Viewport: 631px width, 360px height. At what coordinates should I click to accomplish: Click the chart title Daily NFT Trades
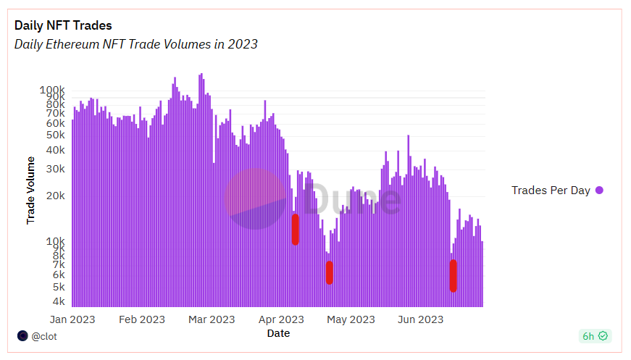point(63,25)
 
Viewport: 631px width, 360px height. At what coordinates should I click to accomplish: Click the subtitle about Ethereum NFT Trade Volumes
point(136,44)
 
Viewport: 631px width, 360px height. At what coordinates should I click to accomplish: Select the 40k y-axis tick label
point(55,151)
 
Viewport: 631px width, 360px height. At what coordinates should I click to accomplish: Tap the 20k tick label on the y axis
point(55,196)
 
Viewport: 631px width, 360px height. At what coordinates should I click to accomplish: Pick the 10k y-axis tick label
point(55,240)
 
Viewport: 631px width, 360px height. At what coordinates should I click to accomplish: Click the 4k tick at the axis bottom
point(58,301)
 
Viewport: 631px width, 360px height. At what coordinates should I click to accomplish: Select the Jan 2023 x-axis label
point(72,319)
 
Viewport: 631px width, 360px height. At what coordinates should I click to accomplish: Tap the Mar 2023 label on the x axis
point(212,319)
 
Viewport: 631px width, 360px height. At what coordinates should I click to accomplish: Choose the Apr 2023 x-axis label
point(281,319)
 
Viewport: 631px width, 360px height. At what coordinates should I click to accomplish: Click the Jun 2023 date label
point(421,319)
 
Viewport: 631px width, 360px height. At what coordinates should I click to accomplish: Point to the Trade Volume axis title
point(30,190)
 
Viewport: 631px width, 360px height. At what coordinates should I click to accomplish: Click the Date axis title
point(278,333)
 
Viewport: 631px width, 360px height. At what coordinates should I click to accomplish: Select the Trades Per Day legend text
point(551,191)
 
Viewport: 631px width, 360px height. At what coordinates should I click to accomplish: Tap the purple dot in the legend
point(599,191)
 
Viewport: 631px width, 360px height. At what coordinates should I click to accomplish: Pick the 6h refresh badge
point(595,336)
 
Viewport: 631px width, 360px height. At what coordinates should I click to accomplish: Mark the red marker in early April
point(296,230)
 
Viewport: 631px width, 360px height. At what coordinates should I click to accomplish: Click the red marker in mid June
point(454,276)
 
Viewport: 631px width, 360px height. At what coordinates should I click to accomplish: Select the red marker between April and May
point(330,272)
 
